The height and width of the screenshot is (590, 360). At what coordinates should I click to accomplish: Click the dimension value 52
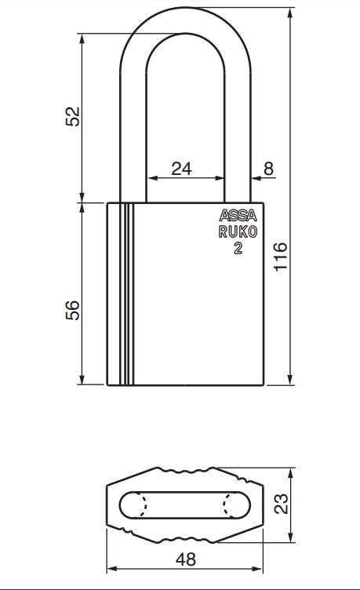(72, 116)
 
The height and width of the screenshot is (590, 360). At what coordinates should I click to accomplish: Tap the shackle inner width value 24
(182, 167)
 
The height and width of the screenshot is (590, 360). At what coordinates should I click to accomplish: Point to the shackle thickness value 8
(268, 167)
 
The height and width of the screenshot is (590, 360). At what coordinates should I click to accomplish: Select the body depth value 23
(283, 504)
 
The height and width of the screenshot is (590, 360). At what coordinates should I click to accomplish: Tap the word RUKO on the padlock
(238, 231)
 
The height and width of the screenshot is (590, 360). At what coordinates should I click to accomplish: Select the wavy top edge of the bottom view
(185, 473)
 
